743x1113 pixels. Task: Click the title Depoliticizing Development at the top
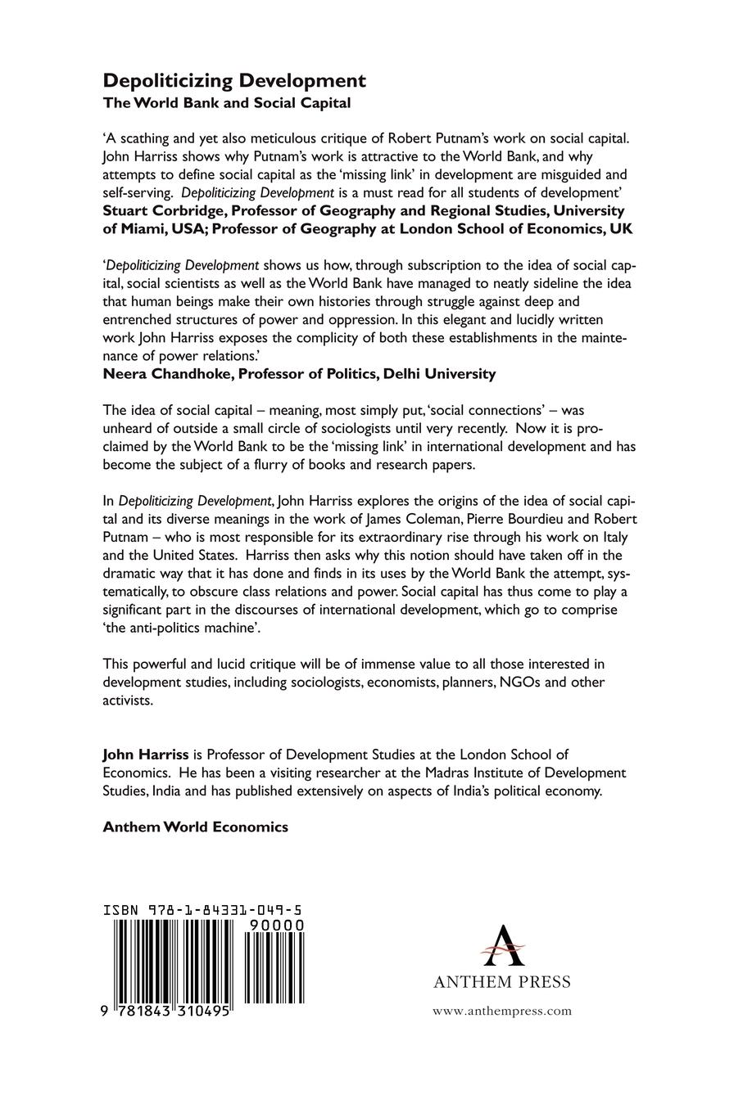tap(233, 80)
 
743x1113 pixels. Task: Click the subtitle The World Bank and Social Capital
tap(226, 103)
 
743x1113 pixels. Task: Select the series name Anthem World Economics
tap(195, 827)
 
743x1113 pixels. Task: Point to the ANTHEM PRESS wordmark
tap(501, 982)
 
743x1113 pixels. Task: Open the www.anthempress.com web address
tap(501, 1011)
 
